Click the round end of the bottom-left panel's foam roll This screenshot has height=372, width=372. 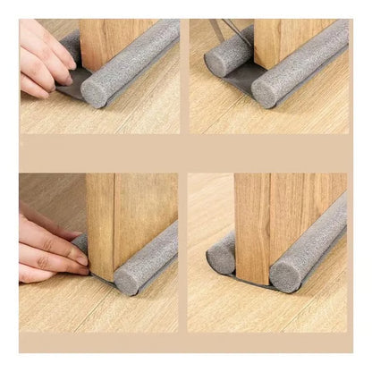[x=127, y=281]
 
